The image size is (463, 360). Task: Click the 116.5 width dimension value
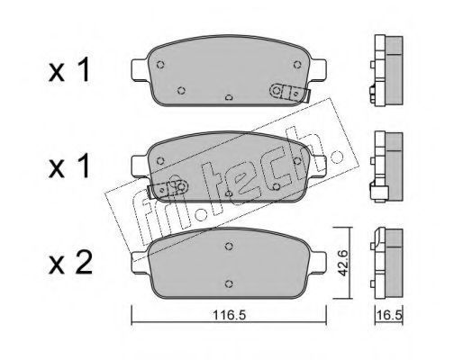pyautogui.click(x=229, y=315)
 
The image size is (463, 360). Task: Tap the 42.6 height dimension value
pyautogui.click(x=342, y=263)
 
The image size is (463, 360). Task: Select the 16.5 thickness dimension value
pyautogui.click(x=389, y=315)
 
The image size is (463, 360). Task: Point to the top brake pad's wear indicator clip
pyautogui.click(x=290, y=93)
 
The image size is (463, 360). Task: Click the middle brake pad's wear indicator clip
pyautogui.click(x=168, y=189)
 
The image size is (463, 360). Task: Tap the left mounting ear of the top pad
pyautogui.click(x=140, y=69)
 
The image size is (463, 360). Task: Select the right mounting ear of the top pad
pyautogui.click(x=319, y=69)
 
